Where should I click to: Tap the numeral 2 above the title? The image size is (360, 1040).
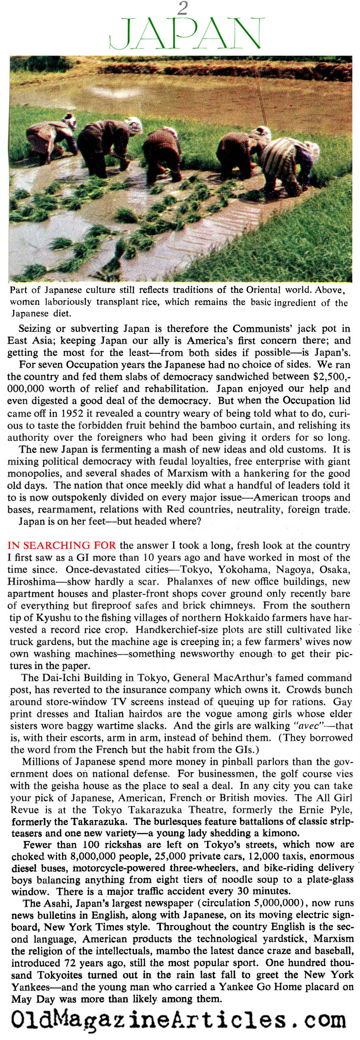point(183,8)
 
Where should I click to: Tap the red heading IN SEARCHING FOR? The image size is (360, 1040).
point(62,546)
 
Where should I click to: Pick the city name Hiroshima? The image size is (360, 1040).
point(31,582)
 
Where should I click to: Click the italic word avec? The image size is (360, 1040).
point(298,726)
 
